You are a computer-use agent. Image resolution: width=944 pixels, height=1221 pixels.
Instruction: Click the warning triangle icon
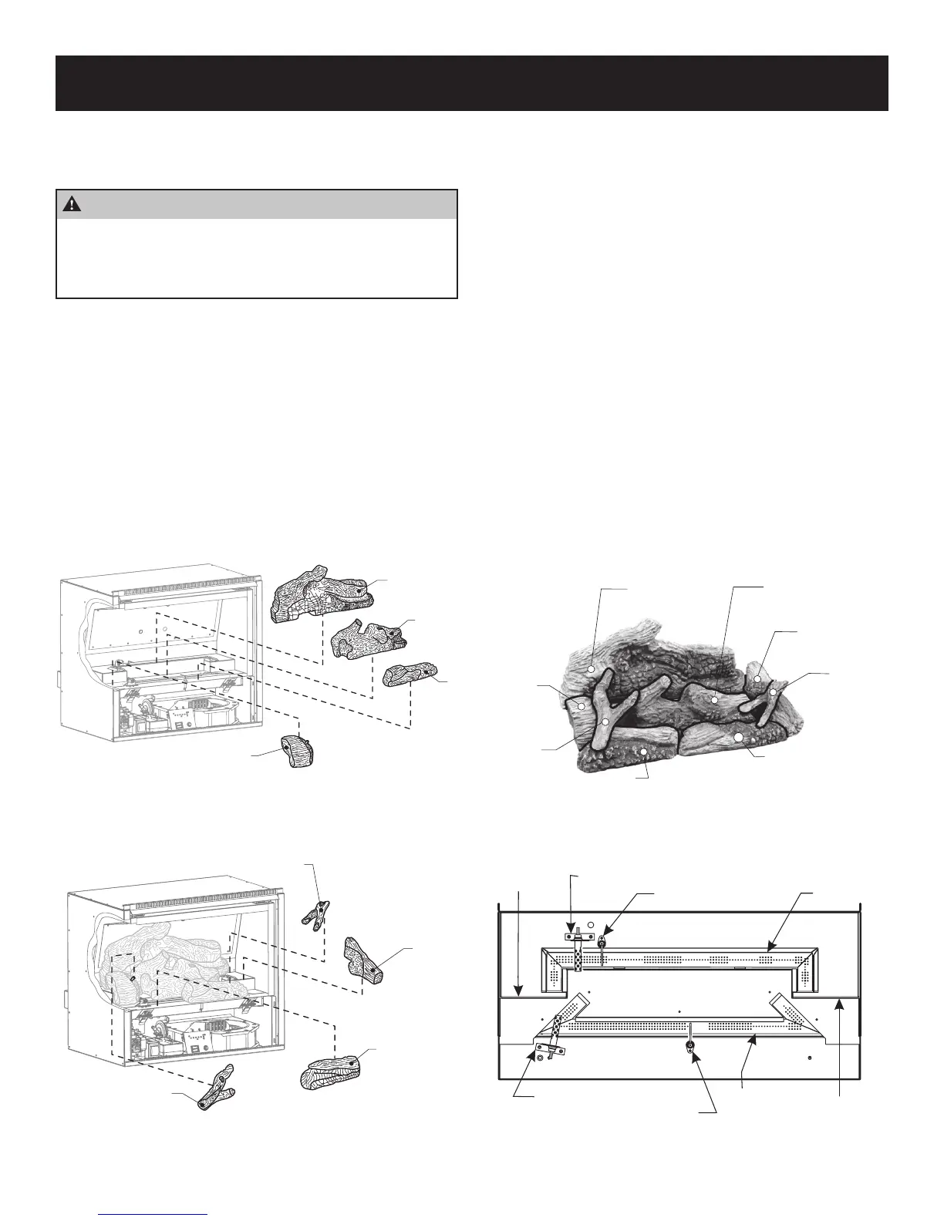72,204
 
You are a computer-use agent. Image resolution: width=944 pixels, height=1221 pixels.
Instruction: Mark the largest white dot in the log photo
738,738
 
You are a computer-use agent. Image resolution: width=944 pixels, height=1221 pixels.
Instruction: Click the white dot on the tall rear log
592,670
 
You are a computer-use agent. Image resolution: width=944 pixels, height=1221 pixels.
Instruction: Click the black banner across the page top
472,82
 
